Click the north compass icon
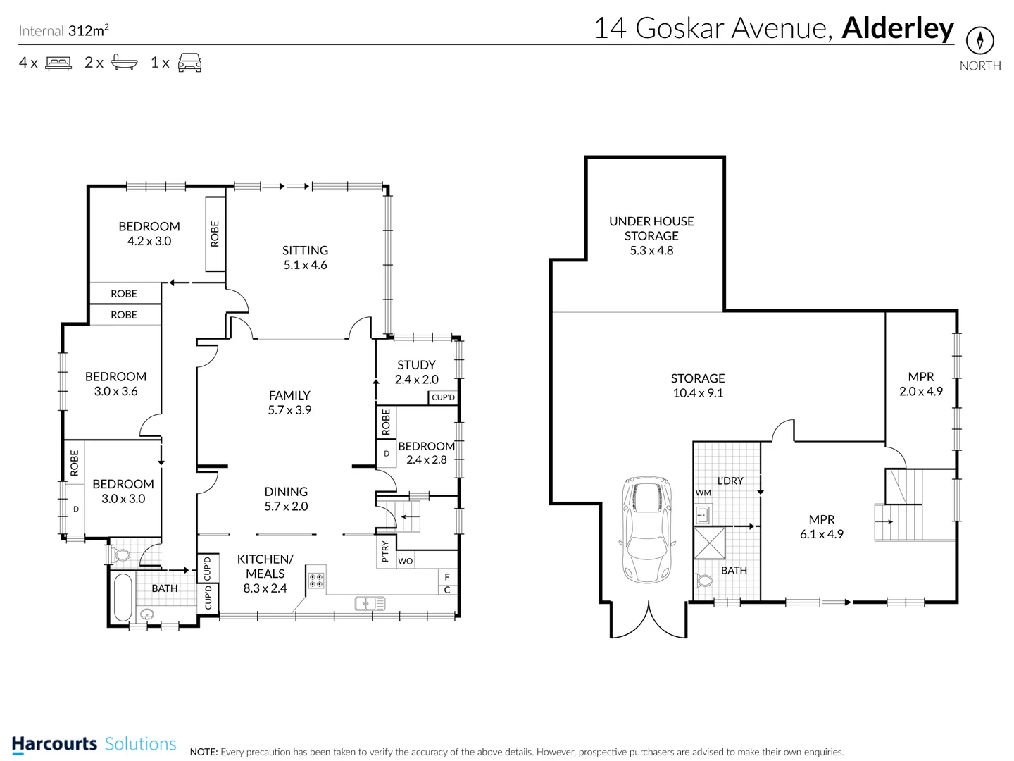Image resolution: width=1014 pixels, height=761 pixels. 979,40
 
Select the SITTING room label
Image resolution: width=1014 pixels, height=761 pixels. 305,250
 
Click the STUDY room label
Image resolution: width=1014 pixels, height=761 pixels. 416,365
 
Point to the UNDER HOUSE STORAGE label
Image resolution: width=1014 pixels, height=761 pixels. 651,228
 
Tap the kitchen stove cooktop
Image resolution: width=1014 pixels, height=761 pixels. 316,581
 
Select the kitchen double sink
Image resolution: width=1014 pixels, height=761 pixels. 370,603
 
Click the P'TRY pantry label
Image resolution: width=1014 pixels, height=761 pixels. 385,552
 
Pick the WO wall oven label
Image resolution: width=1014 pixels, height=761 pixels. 405,561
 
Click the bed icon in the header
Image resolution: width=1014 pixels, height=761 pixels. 58,63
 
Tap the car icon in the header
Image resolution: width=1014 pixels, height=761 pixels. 189,63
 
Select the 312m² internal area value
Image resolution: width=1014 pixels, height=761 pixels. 89,30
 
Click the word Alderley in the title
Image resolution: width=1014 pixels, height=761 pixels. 897,28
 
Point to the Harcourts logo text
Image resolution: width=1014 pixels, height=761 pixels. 54,744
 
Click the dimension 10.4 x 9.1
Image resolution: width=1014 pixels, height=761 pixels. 698,393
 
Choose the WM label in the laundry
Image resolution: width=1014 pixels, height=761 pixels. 703,493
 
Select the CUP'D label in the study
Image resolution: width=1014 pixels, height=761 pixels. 443,397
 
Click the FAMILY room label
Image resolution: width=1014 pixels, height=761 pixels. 289,395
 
